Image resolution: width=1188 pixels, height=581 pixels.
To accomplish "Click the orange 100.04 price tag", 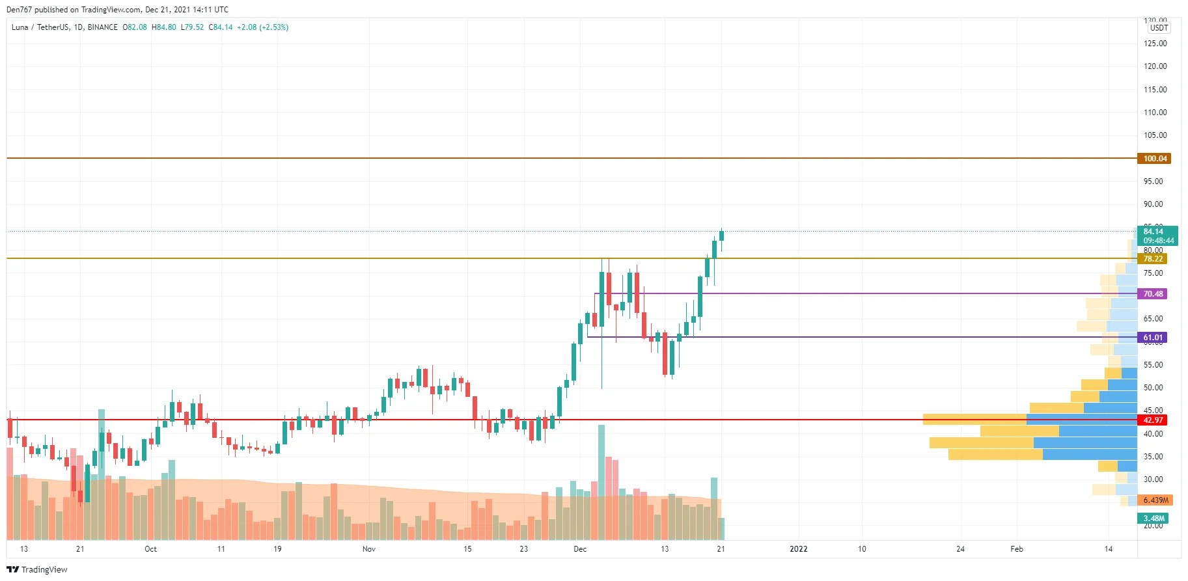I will [x=1154, y=159].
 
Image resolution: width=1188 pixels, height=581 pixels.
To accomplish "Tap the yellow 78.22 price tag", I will [x=1152, y=259].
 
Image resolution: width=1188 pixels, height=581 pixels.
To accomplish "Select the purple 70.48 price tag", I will [x=1152, y=294].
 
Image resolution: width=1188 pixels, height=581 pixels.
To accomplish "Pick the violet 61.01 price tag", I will [x=1152, y=338].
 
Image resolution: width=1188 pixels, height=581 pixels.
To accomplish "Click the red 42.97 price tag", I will [x=1152, y=420].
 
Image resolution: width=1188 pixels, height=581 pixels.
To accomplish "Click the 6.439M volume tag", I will [x=1155, y=500].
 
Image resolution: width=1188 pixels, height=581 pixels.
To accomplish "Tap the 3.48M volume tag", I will [x=1153, y=519].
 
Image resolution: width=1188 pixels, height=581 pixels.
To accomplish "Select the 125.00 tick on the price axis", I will [x=1155, y=44].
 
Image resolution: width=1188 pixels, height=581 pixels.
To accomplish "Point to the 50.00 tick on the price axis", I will [x=1153, y=388].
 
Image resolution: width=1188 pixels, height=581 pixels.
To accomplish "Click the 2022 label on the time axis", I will [x=798, y=549].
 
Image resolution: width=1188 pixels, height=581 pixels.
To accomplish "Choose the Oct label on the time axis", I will [x=150, y=549].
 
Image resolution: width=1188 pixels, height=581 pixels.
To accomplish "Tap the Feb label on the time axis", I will [x=1016, y=549].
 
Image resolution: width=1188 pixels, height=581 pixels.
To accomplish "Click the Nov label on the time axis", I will [x=368, y=549].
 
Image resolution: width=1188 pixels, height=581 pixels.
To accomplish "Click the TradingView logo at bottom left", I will [x=37, y=570].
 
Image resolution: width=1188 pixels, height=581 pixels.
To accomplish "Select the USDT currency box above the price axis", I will [x=1159, y=28].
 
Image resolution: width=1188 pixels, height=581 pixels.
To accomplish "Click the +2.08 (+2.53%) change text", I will [x=262, y=27].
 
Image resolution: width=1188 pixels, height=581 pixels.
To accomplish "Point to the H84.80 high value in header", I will [x=164, y=27].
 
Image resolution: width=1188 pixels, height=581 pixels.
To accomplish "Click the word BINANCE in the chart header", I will [x=102, y=27].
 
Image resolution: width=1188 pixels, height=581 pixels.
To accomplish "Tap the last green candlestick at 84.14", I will [x=721, y=236].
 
